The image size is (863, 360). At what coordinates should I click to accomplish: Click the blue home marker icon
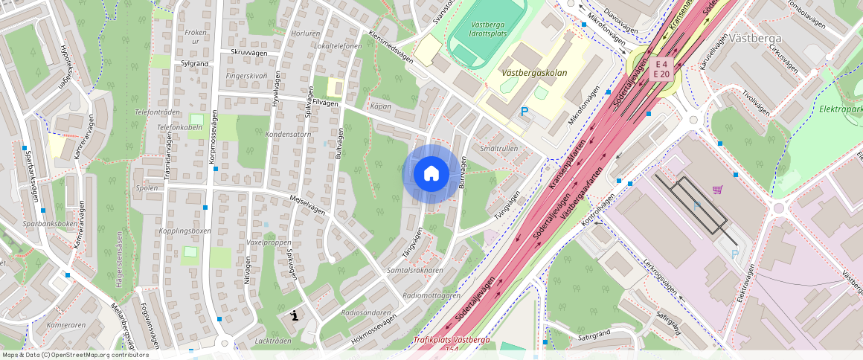click(431, 173)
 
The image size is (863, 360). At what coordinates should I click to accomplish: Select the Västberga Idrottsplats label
click(488, 29)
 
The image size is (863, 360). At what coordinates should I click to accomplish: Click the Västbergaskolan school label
click(534, 73)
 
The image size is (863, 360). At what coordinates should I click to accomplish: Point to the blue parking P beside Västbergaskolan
click(524, 112)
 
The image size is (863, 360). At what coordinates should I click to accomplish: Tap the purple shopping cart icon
click(717, 190)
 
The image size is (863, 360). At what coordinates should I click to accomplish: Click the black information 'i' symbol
click(295, 315)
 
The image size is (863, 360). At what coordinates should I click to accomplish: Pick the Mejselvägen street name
click(307, 205)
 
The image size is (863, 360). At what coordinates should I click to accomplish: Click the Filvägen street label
click(325, 103)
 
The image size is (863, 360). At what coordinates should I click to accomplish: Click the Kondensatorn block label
click(288, 135)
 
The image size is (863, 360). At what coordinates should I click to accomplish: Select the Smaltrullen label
click(498, 149)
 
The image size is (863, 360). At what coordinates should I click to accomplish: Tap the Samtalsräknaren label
click(414, 270)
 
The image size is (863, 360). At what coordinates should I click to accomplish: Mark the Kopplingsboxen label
click(185, 231)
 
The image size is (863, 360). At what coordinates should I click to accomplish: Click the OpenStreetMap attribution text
click(75, 355)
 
